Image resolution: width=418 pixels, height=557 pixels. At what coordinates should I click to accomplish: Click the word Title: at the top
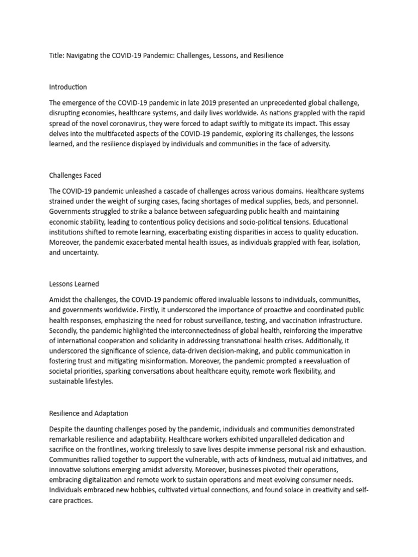56,55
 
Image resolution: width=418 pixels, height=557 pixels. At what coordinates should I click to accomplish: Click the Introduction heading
67,87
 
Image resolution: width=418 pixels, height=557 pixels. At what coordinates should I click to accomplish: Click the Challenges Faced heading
75,175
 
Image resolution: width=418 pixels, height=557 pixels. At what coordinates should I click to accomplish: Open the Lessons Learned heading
74,284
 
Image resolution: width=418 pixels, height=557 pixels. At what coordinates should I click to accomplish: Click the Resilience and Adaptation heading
89,413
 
